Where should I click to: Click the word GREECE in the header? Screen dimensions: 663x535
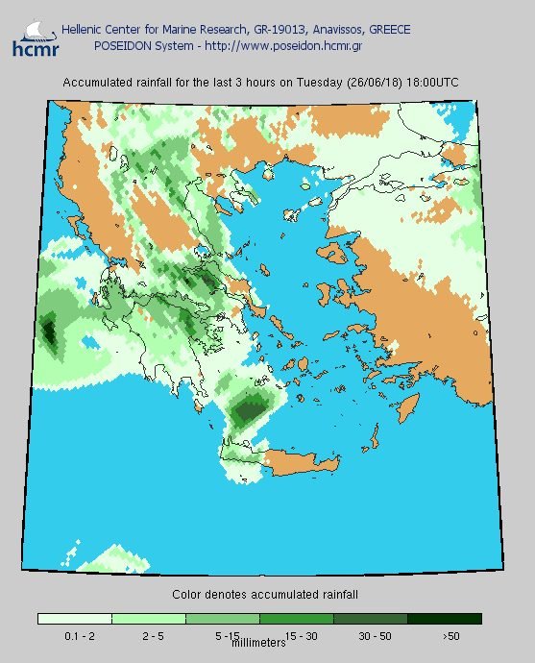pyautogui.click(x=388, y=31)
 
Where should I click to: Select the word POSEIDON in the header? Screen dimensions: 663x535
pyautogui.click(x=122, y=45)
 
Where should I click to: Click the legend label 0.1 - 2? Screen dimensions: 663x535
pyautogui.click(x=74, y=636)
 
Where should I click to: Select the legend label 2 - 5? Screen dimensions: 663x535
pyautogui.click(x=148, y=636)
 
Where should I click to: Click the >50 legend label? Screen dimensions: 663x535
pyautogui.click(x=450, y=636)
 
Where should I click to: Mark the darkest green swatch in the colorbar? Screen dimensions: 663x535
pyautogui.click(x=444, y=619)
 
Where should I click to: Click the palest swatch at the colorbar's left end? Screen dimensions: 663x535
pyautogui.click(x=74, y=619)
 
